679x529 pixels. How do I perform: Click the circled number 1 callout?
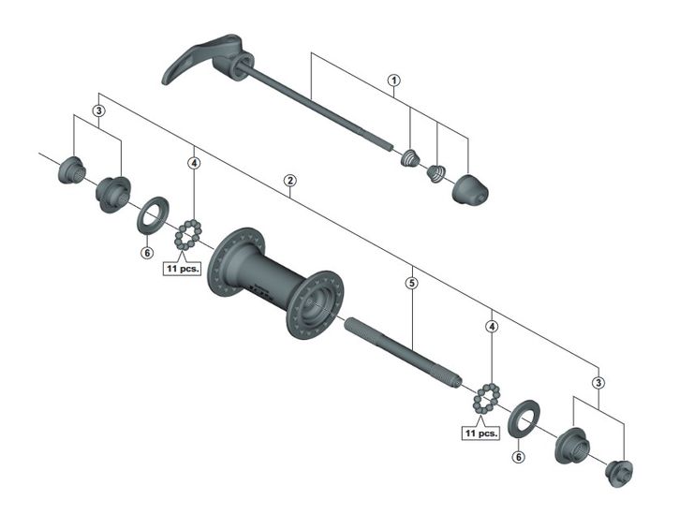(x=393, y=81)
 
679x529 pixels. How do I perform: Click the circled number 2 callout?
(x=289, y=181)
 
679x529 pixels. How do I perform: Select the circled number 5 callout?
(x=412, y=283)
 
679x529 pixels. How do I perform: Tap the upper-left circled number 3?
(x=98, y=110)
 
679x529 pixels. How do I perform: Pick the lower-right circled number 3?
(x=598, y=383)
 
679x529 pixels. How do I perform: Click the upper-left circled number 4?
(x=194, y=163)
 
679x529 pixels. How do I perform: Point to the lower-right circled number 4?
(x=492, y=327)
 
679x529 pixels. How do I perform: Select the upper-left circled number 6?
(x=147, y=253)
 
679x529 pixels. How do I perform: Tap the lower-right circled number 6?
(x=518, y=457)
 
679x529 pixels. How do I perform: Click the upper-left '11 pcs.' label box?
(x=183, y=269)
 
